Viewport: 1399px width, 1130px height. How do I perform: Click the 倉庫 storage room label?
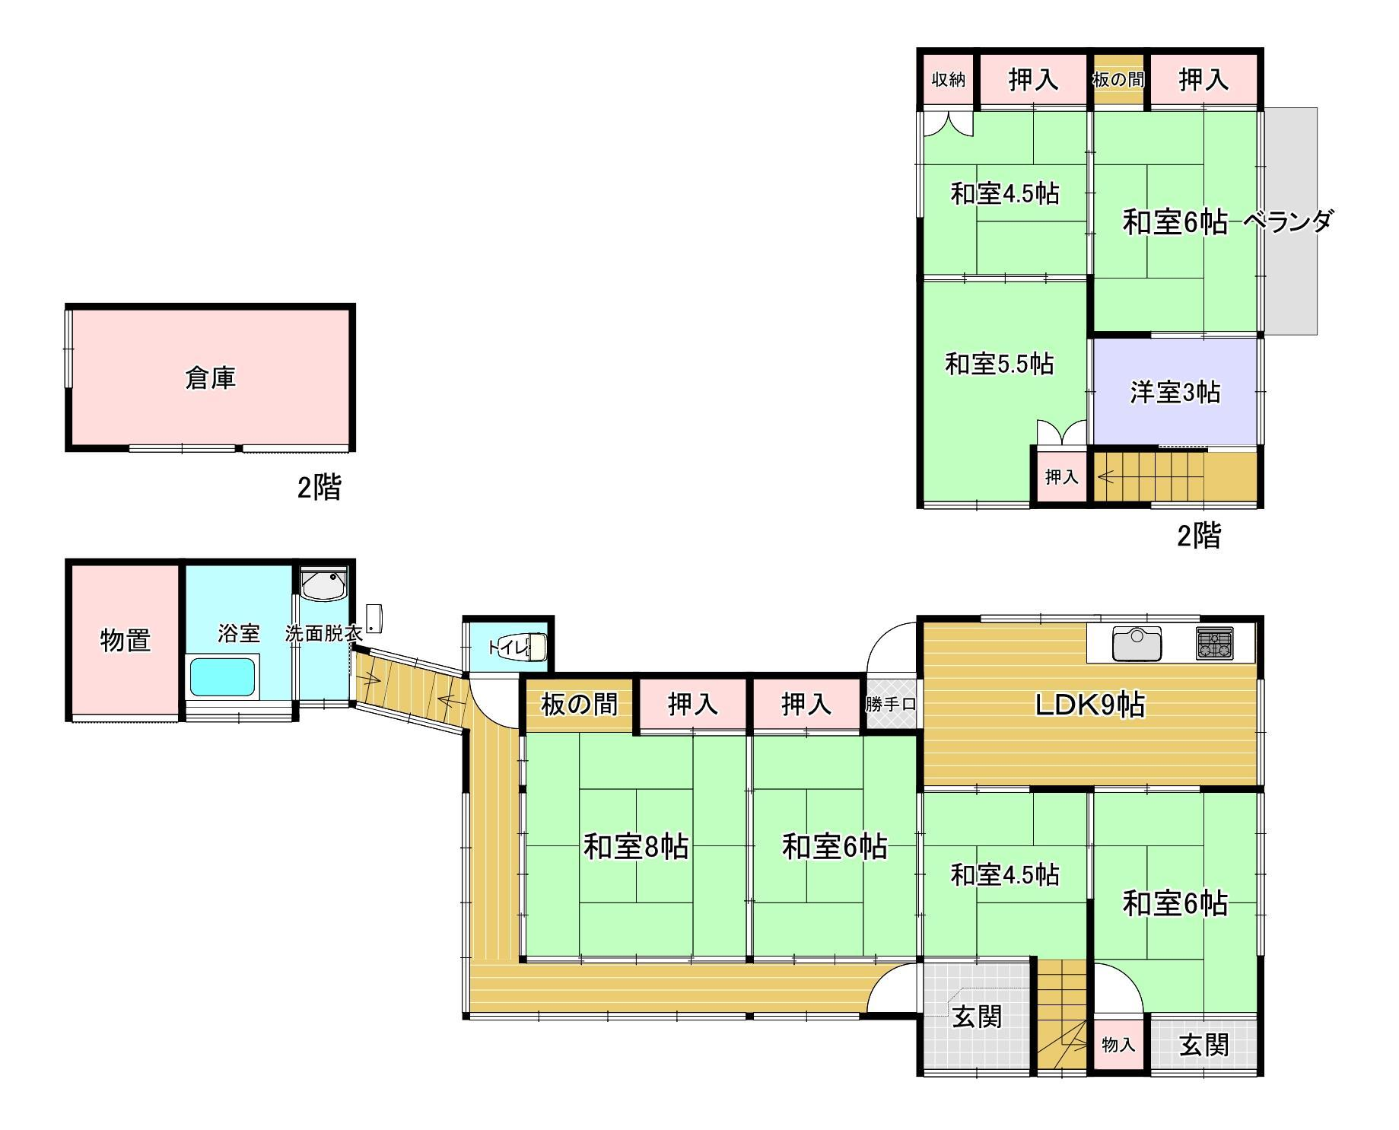[211, 378]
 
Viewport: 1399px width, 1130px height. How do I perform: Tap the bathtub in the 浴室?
[222, 676]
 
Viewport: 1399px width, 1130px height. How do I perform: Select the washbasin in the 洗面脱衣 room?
[324, 585]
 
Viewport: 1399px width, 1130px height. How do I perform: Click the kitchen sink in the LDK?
[1137, 644]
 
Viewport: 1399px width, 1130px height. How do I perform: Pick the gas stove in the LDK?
[1214, 643]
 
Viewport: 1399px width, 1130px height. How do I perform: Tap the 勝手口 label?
[891, 705]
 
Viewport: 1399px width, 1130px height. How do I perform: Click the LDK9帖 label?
[1089, 705]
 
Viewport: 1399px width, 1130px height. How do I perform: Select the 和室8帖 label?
[636, 846]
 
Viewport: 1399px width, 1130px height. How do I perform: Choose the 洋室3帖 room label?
[1175, 392]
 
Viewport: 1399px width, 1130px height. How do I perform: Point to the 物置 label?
[126, 640]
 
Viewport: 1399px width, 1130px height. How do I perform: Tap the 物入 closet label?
[1118, 1045]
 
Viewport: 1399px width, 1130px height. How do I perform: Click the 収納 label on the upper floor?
[949, 79]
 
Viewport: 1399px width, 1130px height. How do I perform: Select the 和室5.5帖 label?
[999, 364]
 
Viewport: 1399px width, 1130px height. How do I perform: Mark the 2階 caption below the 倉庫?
[319, 487]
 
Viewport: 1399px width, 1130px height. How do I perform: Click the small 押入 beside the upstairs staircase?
[1061, 477]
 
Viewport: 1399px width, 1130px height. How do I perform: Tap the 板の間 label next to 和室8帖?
[579, 704]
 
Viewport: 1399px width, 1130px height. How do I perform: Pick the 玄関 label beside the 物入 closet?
[1203, 1045]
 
